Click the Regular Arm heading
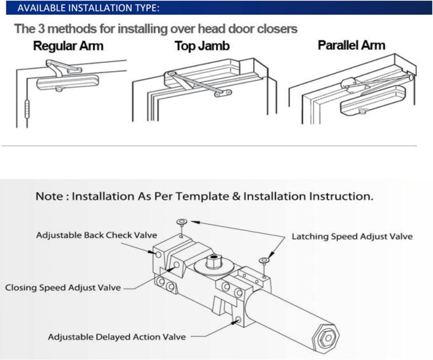click(68, 46)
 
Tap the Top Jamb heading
click(202, 46)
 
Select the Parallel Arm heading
click(351, 45)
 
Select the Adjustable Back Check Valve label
click(97, 235)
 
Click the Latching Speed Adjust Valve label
click(352, 236)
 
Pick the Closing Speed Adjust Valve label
click(63, 287)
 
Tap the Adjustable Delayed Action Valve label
click(117, 337)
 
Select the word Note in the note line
click(51, 197)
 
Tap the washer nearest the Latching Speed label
click(263, 260)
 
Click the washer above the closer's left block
click(181, 221)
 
